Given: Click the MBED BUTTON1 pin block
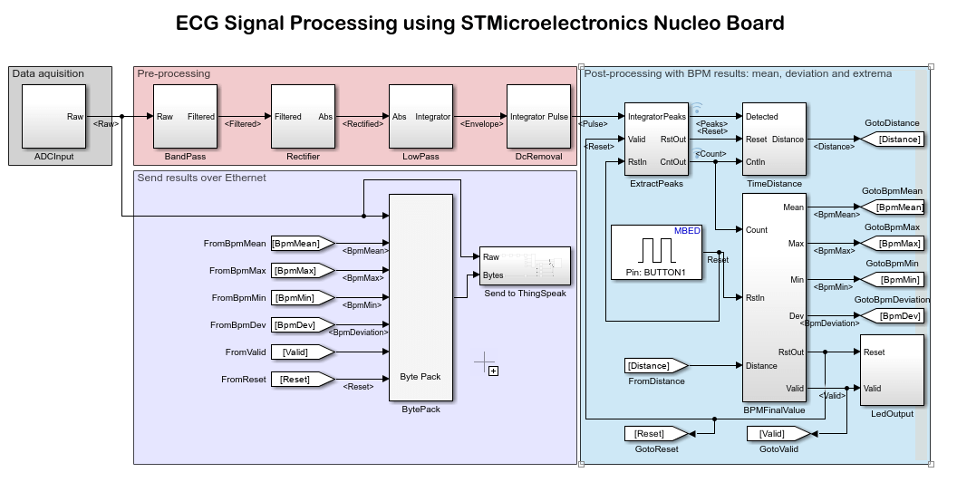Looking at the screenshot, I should pyautogui.click(x=656, y=252).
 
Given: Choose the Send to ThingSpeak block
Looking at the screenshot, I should pyautogui.click(x=525, y=265).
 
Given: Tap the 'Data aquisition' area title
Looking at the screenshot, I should pyautogui.click(x=48, y=73).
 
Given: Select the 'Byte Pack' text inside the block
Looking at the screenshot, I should pyautogui.click(x=420, y=376).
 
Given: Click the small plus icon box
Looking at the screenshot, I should pyautogui.click(x=493, y=370).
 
